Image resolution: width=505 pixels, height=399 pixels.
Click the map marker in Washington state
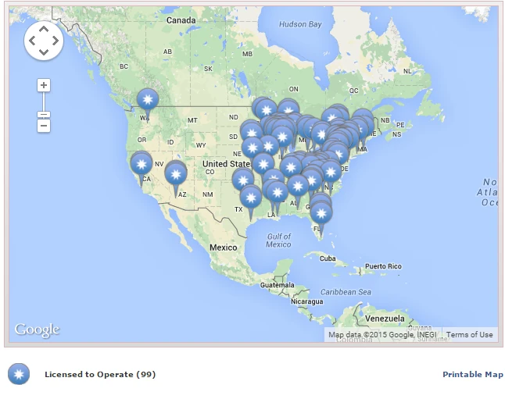[x=147, y=99]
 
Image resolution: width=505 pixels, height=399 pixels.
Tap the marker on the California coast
[x=141, y=164]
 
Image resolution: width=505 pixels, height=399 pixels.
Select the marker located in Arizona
[x=176, y=174]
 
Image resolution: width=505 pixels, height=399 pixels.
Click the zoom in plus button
[x=44, y=85]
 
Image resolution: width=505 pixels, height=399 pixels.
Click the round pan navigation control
[x=43, y=41]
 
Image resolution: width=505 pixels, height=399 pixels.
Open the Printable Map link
[x=472, y=375]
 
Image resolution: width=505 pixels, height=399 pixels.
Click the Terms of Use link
[x=469, y=335]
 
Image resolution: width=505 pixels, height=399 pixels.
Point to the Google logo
[x=37, y=330]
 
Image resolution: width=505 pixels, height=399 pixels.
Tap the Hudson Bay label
[x=300, y=24]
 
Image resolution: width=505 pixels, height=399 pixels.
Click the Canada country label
[x=181, y=20]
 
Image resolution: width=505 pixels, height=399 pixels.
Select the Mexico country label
[x=222, y=248]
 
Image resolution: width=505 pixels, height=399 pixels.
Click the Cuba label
[x=327, y=258]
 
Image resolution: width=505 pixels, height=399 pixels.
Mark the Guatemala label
[x=278, y=285]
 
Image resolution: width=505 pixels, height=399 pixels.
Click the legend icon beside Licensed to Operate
[x=19, y=375]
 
